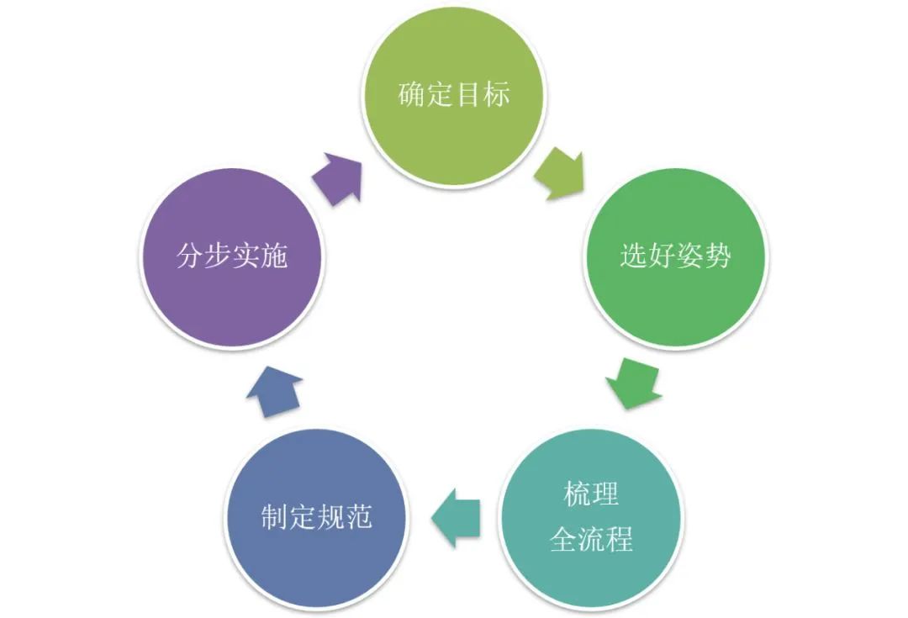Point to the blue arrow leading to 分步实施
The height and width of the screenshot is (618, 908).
click(x=277, y=393)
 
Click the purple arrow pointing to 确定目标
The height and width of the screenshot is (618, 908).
click(x=339, y=176)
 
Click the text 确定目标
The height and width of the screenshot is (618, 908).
click(x=454, y=94)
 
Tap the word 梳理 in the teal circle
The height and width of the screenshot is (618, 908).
click(x=591, y=494)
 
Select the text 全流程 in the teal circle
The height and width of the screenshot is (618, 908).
click(x=591, y=538)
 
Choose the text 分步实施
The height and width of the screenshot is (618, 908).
click(x=232, y=254)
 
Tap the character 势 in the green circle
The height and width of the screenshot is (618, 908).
click(x=717, y=255)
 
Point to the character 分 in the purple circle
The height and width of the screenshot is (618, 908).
click(x=190, y=254)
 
